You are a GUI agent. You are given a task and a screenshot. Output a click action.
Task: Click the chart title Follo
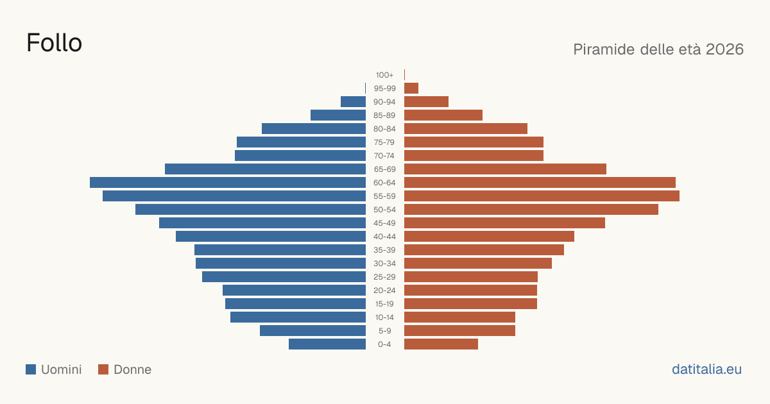pyautogui.click(x=55, y=43)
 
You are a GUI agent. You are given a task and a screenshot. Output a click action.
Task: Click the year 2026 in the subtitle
pyautogui.click(x=724, y=49)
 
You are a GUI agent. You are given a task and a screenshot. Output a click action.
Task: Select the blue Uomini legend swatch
pyautogui.click(x=31, y=369)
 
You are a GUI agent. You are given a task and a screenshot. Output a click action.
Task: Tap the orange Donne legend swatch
pyautogui.click(x=103, y=369)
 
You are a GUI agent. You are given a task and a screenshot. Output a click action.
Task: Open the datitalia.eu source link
pyautogui.click(x=706, y=369)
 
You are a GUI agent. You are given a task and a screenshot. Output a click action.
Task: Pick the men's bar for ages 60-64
pyautogui.click(x=228, y=182)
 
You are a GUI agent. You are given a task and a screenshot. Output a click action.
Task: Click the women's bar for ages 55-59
pyautogui.click(x=542, y=196)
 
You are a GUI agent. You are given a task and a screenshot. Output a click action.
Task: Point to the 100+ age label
pyautogui.click(x=384, y=75)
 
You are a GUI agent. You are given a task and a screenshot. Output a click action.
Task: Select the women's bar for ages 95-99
pyautogui.click(x=411, y=88)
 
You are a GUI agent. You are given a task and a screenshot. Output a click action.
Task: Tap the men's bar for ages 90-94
pyautogui.click(x=353, y=102)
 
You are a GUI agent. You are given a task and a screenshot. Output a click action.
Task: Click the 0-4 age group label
pyautogui.click(x=384, y=344)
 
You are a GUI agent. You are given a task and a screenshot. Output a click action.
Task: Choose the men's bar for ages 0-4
pyautogui.click(x=327, y=344)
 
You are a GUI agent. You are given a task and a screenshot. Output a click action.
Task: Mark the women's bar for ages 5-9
pyautogui.click(x=459, y=330)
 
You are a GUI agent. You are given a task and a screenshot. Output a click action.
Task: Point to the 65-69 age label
pyautogui.click(x=384, y=169)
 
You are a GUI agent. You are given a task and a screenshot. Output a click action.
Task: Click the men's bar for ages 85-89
pyautogui.click(x=338, y=115)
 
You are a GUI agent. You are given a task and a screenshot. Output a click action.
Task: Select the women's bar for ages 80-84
pyautogui.click(x=466, y=128)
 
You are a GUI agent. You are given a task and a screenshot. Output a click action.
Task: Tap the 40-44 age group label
pyautogui.click(x=384, y=237)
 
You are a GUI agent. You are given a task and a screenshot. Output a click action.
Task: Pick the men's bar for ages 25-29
pyautogui.click(x=284, y=277)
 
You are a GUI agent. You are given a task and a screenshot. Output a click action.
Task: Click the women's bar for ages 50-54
pyautogui.click(x=531, y=209)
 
